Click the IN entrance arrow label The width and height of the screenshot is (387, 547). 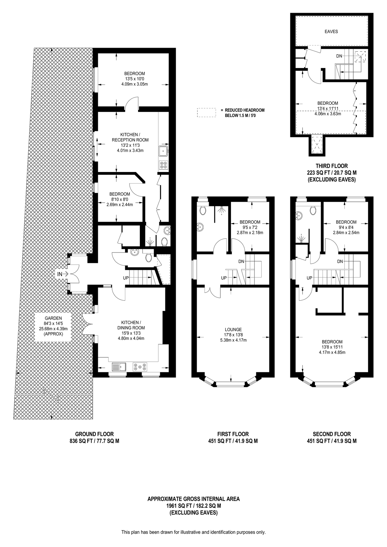pos(60,274)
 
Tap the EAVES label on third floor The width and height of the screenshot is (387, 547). pos(331,31)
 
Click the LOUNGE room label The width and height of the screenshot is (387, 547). pos(233,329)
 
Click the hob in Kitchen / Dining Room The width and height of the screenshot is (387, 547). pos(140,367)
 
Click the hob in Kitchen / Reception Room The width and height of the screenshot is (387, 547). pos(163,165)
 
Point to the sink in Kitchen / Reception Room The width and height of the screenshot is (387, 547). pos(163,150)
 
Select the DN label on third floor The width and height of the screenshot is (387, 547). pos(339,56)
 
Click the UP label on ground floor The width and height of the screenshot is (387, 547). pos(126,278)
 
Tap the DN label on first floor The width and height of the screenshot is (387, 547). pos(241,261)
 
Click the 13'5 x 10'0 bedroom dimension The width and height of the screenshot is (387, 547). pos(134,79)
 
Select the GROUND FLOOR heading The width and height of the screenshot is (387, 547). pos(94,434)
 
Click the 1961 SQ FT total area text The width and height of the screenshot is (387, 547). pos(193,506)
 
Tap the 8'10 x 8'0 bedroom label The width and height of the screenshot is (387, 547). pos(119,199)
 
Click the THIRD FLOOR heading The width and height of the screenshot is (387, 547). pos(331,166)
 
